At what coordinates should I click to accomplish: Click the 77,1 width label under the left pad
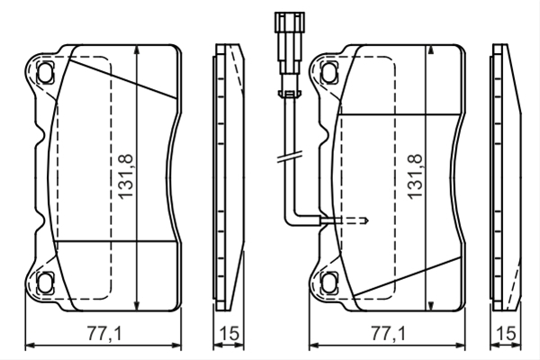pyautogui.click(x=104, y=333)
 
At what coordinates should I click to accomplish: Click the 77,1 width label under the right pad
pyautogui.click(x=388, y=333)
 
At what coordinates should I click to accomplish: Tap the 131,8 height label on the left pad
pyautogui.click(x=126, y=176)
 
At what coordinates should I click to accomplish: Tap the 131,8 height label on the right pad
pyautogui.click(x=415, y=176)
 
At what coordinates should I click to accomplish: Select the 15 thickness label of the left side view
pyautogui.click(x=229, y=333)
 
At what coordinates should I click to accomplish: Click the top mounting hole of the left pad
pyautogui.click(x=45, y=72)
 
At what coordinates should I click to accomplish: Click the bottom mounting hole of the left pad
pyautogui.click(x=45, y=283)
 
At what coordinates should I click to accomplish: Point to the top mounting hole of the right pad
pyautogui.click(x=328, y=72)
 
